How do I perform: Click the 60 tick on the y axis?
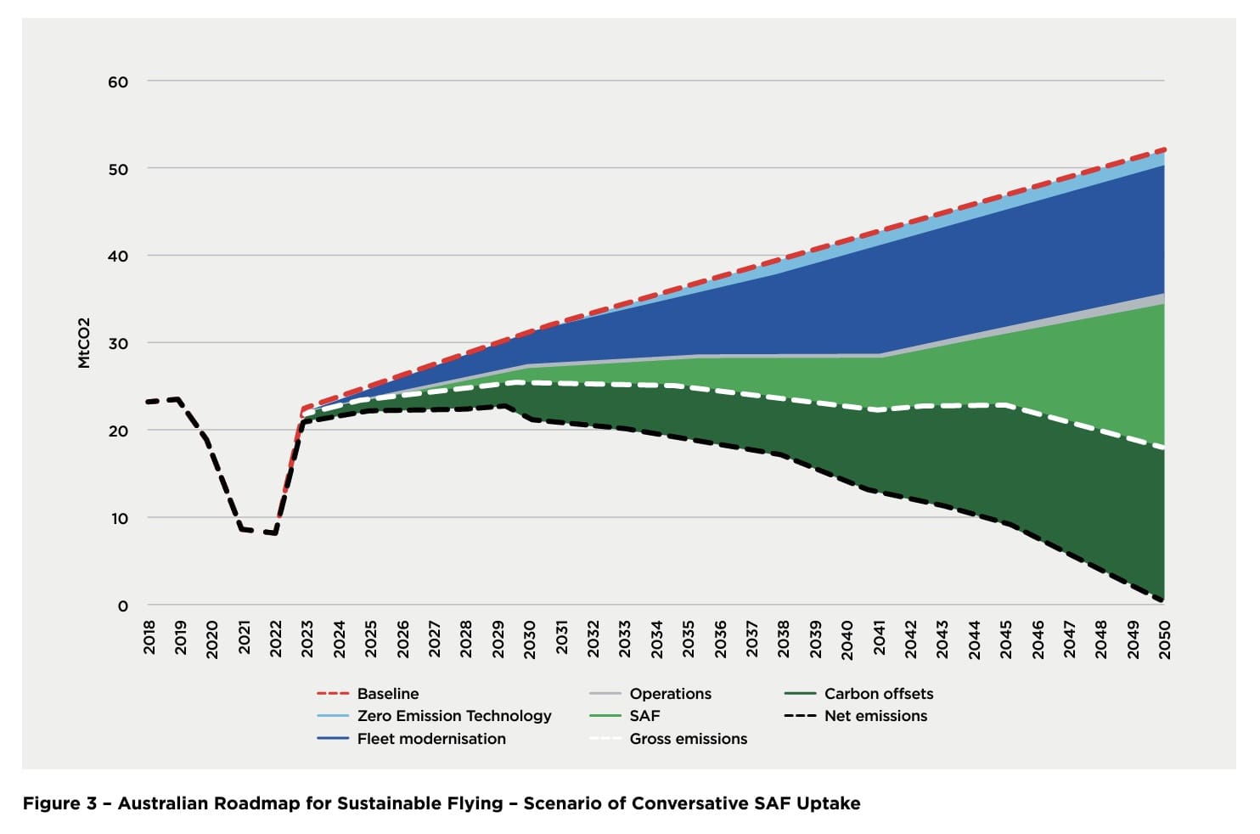pos(118,82)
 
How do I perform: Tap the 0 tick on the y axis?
pos(123,606)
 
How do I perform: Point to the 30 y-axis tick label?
pos(118,344)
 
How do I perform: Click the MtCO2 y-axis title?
pos(84,343)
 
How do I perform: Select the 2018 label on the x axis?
pos(149,637)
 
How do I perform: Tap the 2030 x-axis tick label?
pos(530,637)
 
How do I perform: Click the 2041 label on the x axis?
pos(879,637)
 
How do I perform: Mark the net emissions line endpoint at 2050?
pos(1162,600)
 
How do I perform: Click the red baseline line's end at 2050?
pos(1163,149)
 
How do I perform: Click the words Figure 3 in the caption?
pos(59,803)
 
